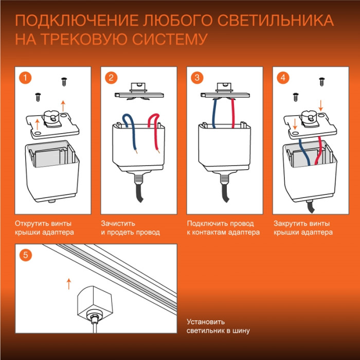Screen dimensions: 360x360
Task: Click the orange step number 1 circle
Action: (24, 78)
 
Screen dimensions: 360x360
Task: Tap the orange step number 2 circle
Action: (111, 78)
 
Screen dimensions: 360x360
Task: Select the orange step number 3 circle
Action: (196, 78)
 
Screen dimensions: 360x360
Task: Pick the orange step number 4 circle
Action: (282, 78)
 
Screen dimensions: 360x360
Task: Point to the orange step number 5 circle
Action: (25, 255)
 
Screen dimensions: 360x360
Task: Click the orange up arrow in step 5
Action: (68, 283)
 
